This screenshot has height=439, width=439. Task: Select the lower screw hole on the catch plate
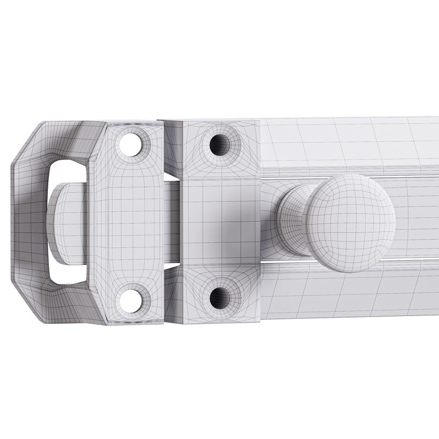(x=132, y=299)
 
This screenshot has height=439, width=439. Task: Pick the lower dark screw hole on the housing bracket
(x=221, y=297)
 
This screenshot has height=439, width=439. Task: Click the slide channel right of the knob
(x=417, y=219)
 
